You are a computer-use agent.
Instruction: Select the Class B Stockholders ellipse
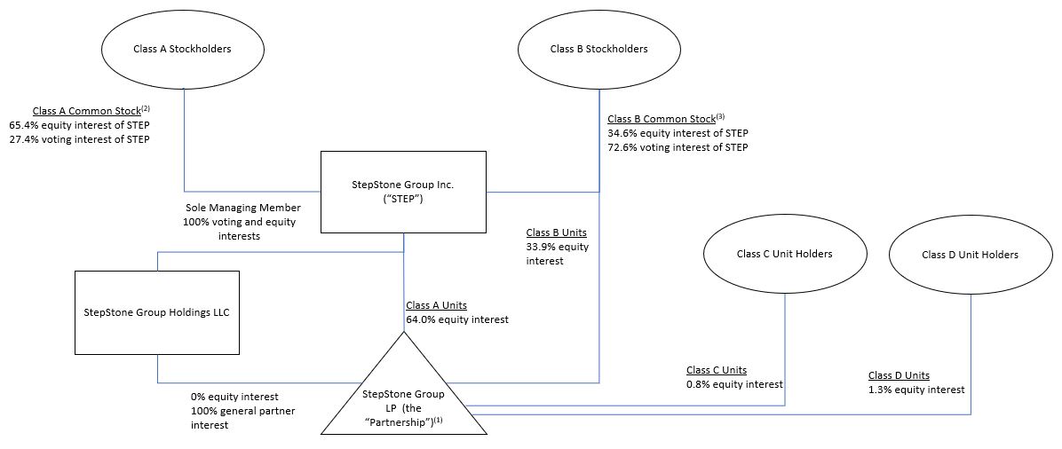(x=598, y=49)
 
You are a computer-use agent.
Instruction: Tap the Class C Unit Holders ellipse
(x=784, y=254)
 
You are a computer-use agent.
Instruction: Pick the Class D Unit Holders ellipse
(x=970, y=255)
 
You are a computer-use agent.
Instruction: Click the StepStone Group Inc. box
(x=403, y=192)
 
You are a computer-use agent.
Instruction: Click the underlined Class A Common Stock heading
(x=86, y=111)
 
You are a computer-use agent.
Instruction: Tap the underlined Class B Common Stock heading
(x=661, y=119)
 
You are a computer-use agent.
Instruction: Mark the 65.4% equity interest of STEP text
(x=79, y=125)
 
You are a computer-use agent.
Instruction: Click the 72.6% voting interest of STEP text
(x=678, y=147)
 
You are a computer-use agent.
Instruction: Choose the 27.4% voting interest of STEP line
(x=79, y=139)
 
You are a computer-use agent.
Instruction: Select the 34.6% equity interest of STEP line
(x=678, y=133)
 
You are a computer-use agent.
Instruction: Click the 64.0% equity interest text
(x=457, y=319)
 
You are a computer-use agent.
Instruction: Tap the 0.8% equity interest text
(x=734, y=384)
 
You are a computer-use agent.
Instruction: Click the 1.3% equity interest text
(x=916, y=390)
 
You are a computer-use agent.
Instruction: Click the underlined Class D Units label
(x=899, y=375)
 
